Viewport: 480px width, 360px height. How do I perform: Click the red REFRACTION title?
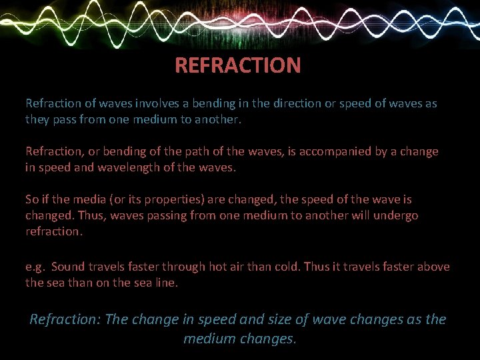tap(237, 65)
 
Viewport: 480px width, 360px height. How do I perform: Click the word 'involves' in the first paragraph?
tap(157, 104)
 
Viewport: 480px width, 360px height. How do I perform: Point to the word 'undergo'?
tap(396, 215)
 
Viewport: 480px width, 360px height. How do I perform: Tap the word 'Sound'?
tap(69, 267)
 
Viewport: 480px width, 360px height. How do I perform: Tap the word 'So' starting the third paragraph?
tap(32, 199)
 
